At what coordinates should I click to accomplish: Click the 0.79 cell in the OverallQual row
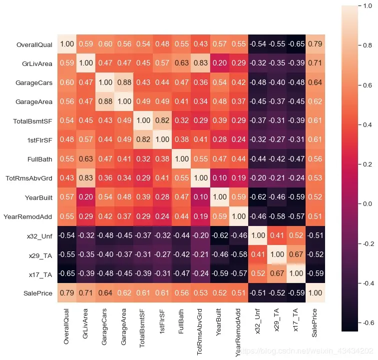click(x=315, y=44)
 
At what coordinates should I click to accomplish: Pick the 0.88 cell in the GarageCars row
click(x=124, y=83)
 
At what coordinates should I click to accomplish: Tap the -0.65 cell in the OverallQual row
click(x=296, y=44)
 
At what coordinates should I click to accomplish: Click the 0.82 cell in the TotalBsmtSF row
click(x=162, y=121)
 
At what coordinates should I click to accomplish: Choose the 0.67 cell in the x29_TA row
click(x=296, y=255)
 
